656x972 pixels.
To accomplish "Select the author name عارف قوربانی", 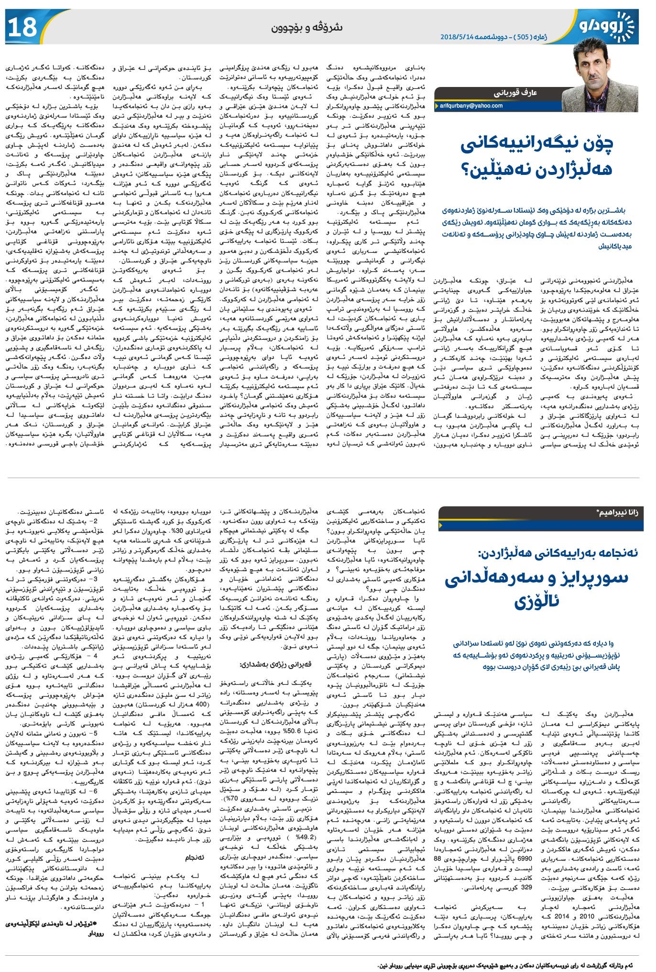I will pos(514,93).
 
